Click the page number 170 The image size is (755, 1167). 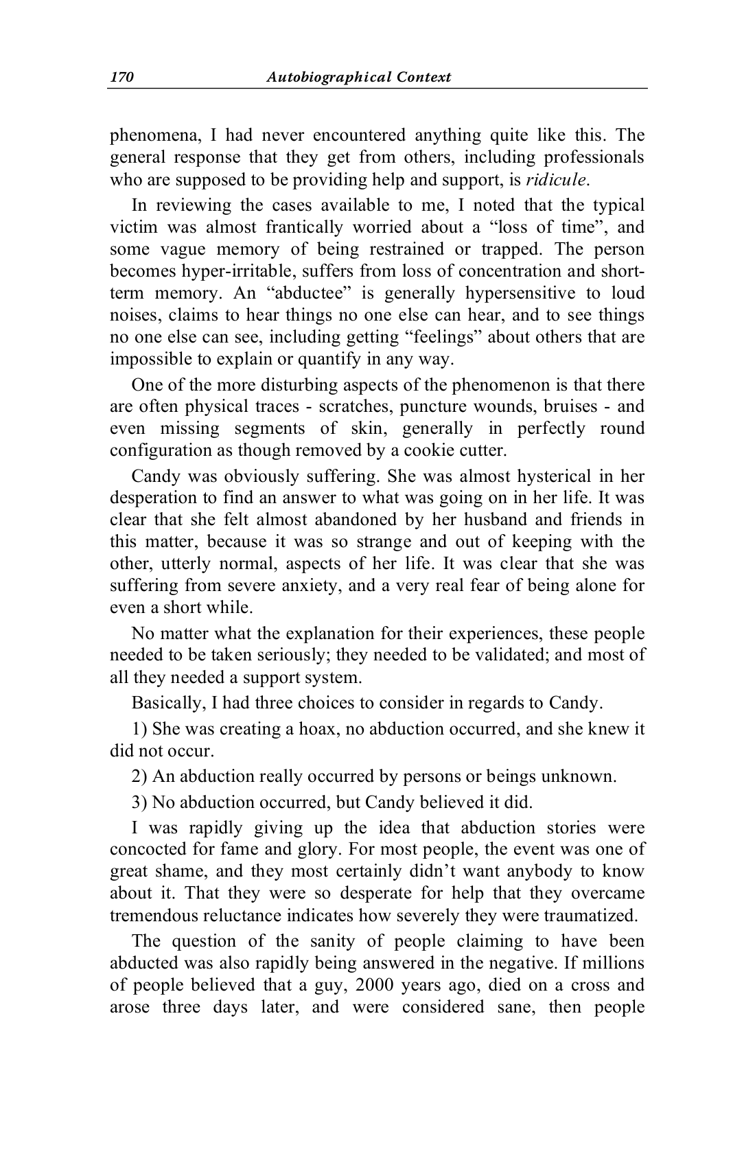121,77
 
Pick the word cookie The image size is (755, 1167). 415,450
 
